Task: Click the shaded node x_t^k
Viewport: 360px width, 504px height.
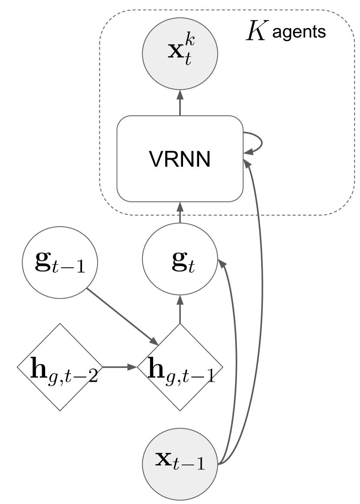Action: (180, 53)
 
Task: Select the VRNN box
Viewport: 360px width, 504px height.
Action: (180, 159)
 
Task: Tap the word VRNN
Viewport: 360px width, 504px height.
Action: (180, 159)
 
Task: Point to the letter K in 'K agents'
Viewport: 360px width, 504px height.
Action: (257, 32)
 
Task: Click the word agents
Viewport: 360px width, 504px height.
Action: (299, 33)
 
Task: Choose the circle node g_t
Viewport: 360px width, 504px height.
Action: (180, 260)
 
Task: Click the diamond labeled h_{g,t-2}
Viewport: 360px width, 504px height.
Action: (60, 367)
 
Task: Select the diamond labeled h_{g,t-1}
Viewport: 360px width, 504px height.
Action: (180, 367)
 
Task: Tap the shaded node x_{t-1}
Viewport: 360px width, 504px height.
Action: (180, 463)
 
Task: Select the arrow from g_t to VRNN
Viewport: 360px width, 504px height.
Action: (180, 212)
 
